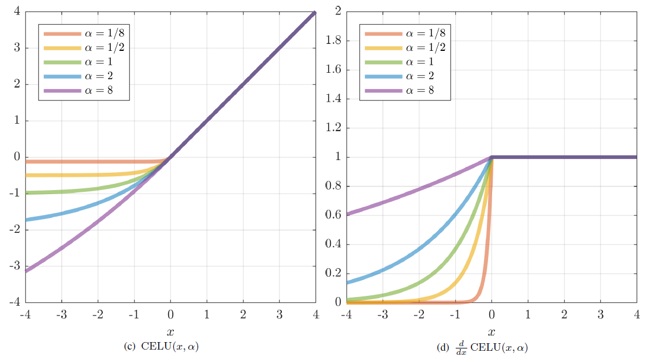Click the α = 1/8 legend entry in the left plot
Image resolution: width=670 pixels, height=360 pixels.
pyautogui.click(x=84, y=34)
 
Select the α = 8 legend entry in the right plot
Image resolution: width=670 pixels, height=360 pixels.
pyautogui.click(x=405, y=90)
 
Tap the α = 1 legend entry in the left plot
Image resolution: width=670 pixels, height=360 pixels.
pyautogui.click(x=84, y=62)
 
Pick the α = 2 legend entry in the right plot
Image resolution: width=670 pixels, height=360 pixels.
pyautogui.click(x=405, y=76)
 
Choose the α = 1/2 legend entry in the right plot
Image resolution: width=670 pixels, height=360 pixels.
pyautogui.click(x=405, y=47)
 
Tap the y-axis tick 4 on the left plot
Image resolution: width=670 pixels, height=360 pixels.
pyautogui.click(x=17, y=12)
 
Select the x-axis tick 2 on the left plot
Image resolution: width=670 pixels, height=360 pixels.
pyautogui.click(x=243, y=314)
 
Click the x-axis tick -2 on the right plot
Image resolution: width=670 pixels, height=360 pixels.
pyautogui.click(x=418, y=314)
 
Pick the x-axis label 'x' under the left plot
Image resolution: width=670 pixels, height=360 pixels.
pyautogui.click(x=170, y=332)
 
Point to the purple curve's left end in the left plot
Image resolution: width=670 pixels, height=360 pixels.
pyautogui.click(x=27, y=270)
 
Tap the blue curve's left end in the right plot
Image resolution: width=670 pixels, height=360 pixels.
pyautogui.click(x=348, y=282)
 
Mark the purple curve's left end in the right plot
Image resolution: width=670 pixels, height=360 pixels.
pyautogui.click(x=348, y=213)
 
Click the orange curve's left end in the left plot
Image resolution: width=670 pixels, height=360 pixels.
pyautogui.click(x=27, y=162)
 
